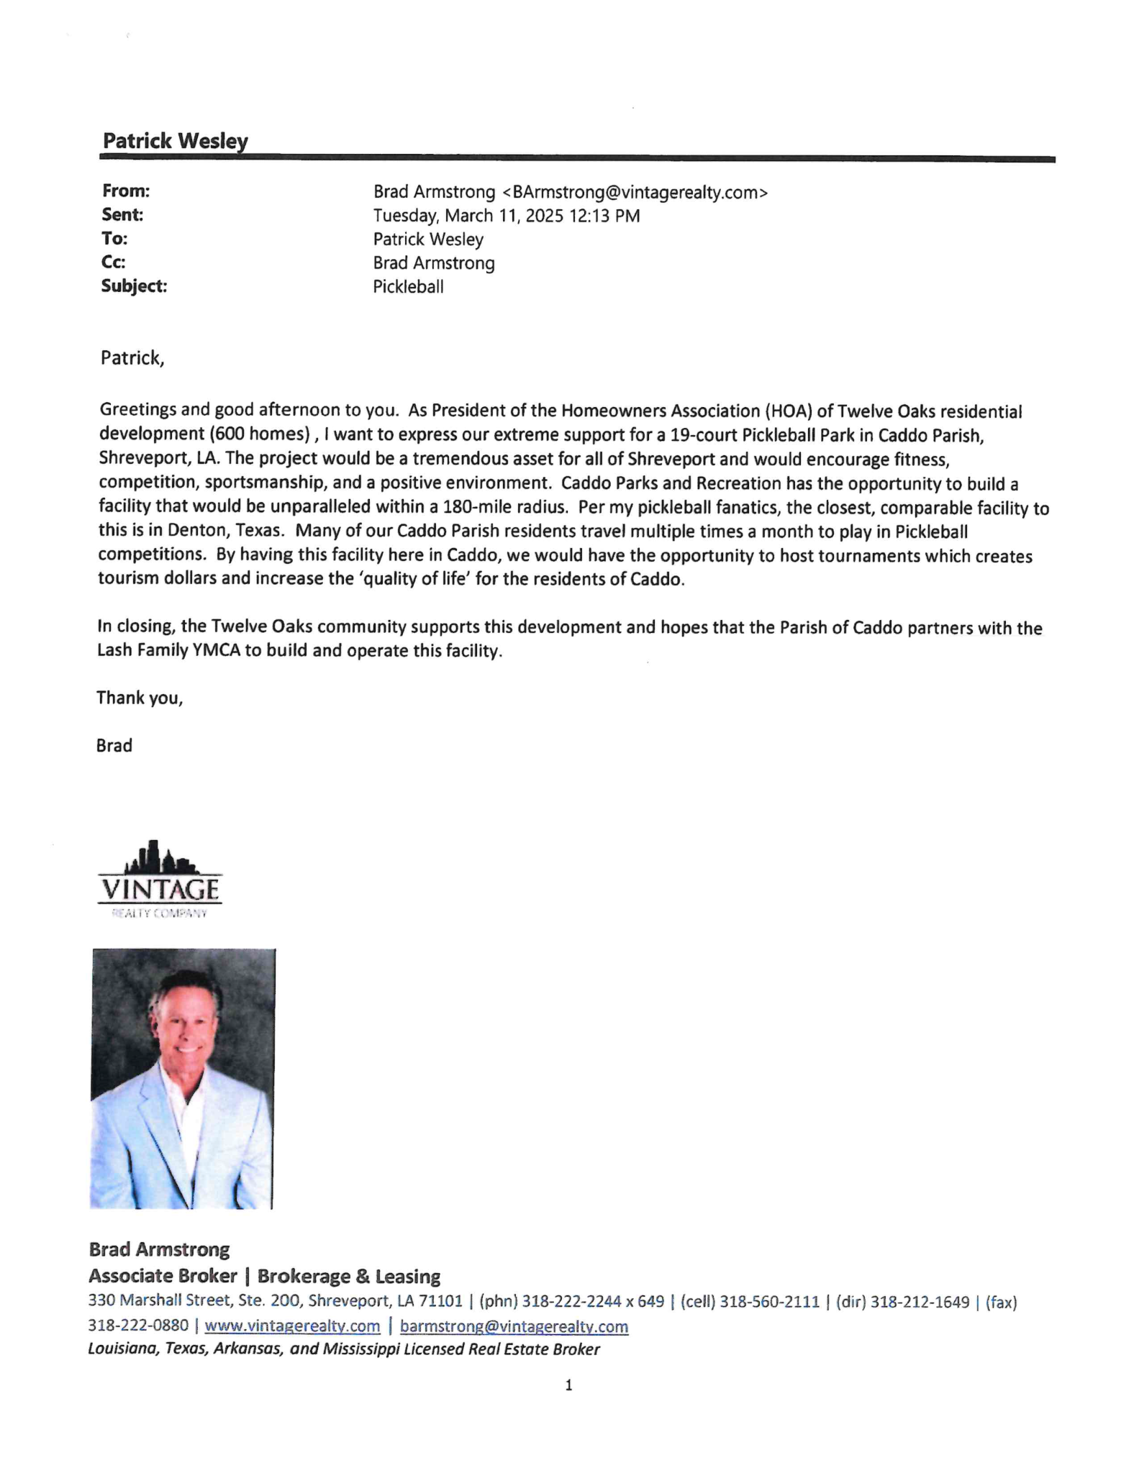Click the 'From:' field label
click(x=126, y=191)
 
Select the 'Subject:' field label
click(x=134, y=286)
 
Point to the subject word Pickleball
click(x=408, y=287)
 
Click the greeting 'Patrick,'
click(x=132, y=358)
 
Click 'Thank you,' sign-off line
click(x=140, y=698)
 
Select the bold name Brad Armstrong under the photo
click(x=159, y=1249)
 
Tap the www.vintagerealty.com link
click(x=292, y=1326)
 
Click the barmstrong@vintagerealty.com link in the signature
click(x=514, y=1326)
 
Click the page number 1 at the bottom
click(x=569, y=1385)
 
